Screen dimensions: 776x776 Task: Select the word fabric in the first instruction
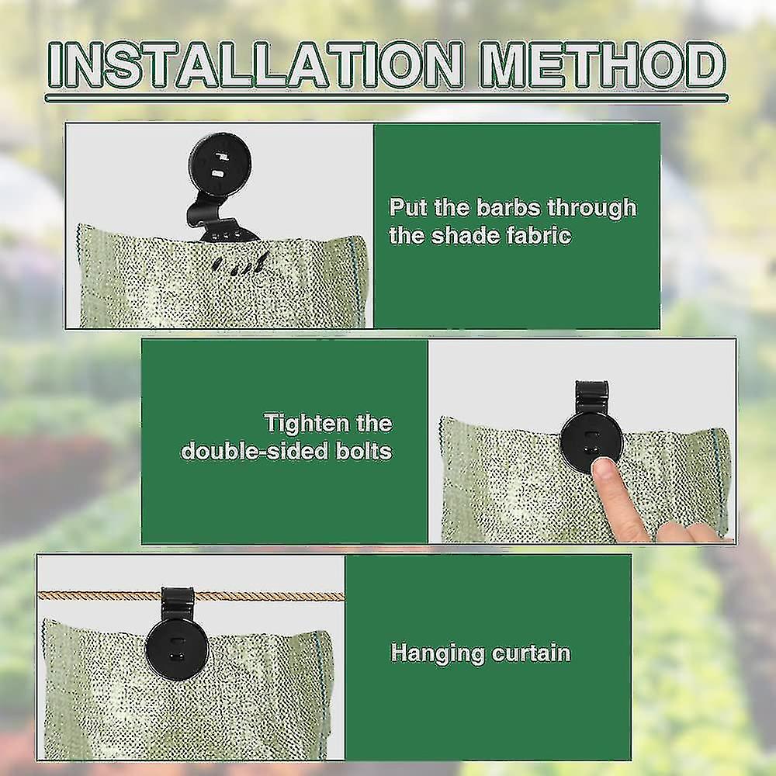click(532, 235)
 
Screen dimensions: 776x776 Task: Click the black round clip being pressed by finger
click(591, 441)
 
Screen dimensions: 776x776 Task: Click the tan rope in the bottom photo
click(93, 595)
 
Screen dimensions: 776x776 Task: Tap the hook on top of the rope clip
click(178, 598)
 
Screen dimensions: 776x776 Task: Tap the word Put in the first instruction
click(408, 208)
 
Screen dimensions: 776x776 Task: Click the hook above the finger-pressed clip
click(591, 394)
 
